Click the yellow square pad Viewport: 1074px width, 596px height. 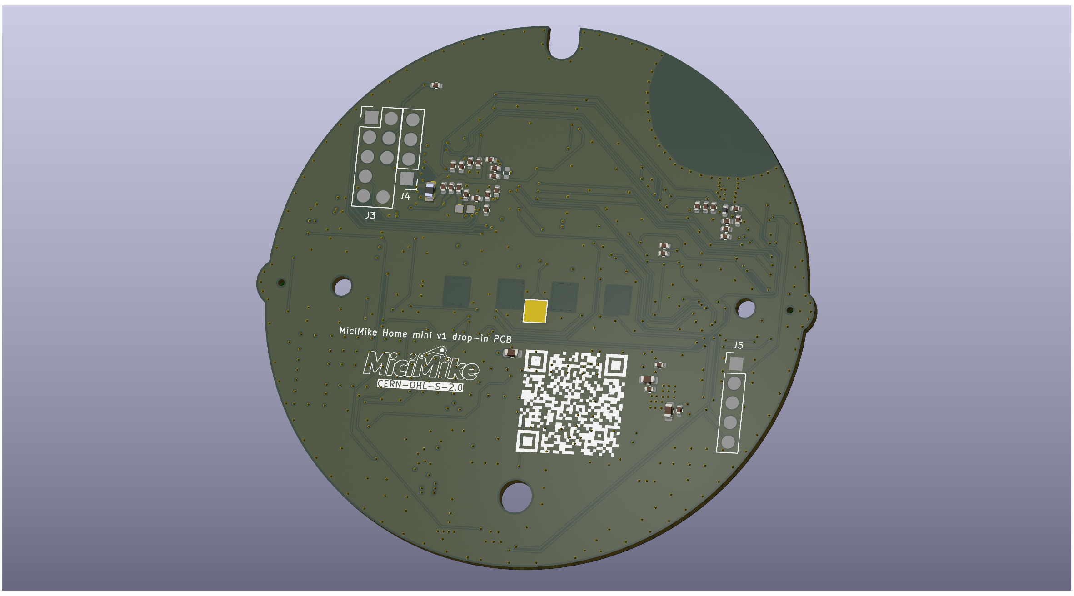coord(535,311)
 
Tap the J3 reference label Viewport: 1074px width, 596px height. coord(370,215)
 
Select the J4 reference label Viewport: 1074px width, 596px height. coord(405,196)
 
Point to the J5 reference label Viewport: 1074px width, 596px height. coord(738,345)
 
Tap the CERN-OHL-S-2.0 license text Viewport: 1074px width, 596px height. coord(420,386)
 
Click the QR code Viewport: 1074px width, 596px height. coord(571,402)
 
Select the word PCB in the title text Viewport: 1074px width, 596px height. coord(503,339)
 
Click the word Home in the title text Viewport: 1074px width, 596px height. coord(395,333)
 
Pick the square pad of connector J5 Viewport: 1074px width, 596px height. coord(736,363)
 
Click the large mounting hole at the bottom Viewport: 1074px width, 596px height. coord(516,497)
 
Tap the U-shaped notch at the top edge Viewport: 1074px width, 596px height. coord(564,45)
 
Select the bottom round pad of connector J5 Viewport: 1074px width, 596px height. coord(728,442)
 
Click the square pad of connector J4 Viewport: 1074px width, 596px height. coord(406,179)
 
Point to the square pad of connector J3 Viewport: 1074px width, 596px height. coord(372,118)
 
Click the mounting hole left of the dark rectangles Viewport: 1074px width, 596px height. coord(342,286)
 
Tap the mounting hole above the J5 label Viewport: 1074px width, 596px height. coord(745,309)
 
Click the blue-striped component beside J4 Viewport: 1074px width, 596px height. coord(430,191)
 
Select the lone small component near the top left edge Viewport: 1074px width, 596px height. coord(436,85)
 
